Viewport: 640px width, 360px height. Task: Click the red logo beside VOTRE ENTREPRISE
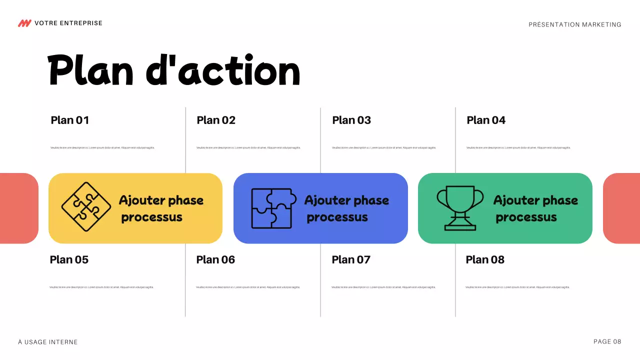coord(24,23)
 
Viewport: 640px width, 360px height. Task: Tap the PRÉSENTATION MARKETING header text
coord(575,24)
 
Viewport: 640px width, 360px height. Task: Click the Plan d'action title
coord(174,71)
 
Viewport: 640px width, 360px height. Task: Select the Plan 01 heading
coord(70,120)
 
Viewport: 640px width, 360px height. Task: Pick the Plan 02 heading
coord(216,120)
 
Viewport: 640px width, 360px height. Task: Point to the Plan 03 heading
coord(351,120)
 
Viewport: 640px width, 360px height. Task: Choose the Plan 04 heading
coord(486,120)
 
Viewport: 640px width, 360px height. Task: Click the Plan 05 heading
coord(69,259)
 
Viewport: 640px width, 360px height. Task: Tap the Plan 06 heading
coord(215,259)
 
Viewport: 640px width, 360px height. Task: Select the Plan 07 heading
coord(351,259)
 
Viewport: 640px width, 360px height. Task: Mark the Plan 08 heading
coord(485,259)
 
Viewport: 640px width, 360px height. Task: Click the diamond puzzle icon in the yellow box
coord(86,206)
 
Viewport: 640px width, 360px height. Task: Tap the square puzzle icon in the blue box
coord(271,208)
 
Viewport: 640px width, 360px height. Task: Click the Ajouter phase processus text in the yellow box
coord(160,208)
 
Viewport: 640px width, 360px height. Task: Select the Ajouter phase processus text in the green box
coord(535,208)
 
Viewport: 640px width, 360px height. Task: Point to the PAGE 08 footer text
coord(607,341)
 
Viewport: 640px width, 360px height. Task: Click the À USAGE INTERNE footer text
coord(48,342)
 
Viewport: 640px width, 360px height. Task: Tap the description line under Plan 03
coord(384,147)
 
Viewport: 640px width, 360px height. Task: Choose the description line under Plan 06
coord(248,287)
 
